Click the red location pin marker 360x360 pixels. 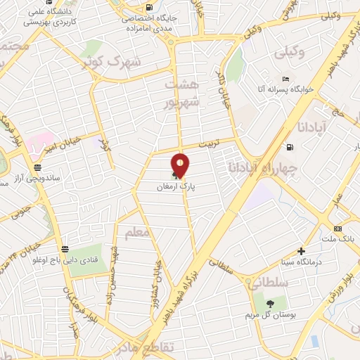coord(180,166)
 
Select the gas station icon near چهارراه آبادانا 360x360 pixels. coord(289,148)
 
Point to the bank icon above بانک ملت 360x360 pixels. coord(338,229)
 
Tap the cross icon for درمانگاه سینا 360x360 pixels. coord(302,251)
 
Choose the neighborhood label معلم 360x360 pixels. coord(136,232)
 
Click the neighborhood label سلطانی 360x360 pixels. coord(261,282)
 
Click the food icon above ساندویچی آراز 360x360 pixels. coord(37,169)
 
